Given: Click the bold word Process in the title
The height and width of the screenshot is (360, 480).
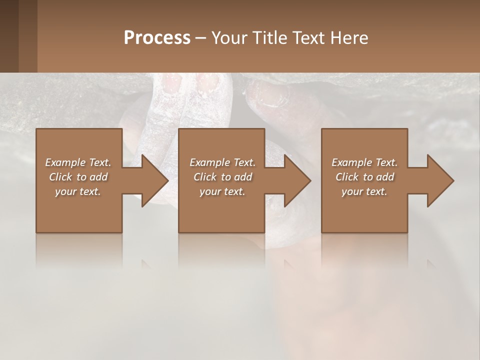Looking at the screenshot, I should point(157,38).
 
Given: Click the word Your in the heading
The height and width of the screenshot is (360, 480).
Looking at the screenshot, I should point(228,38).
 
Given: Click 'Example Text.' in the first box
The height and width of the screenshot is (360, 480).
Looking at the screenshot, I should point(78,162).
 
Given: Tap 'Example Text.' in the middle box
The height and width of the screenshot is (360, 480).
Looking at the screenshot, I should point(222,162).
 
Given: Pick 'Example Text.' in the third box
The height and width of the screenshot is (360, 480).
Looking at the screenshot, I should point(364,162).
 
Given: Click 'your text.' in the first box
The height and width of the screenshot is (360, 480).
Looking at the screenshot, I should point(78,191).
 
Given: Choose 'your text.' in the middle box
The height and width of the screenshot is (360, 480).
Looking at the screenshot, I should point(222,191).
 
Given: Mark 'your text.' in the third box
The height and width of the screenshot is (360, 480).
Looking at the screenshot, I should point(364,191).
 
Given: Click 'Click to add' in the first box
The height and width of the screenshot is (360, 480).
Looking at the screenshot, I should point(78,177).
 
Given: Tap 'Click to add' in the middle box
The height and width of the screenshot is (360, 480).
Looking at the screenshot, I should point(222,177).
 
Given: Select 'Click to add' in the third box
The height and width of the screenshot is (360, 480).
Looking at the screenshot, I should point(364,177).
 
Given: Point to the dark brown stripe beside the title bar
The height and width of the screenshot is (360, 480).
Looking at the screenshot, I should point(9,36).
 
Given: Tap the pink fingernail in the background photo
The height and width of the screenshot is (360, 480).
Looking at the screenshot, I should point(206,83).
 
